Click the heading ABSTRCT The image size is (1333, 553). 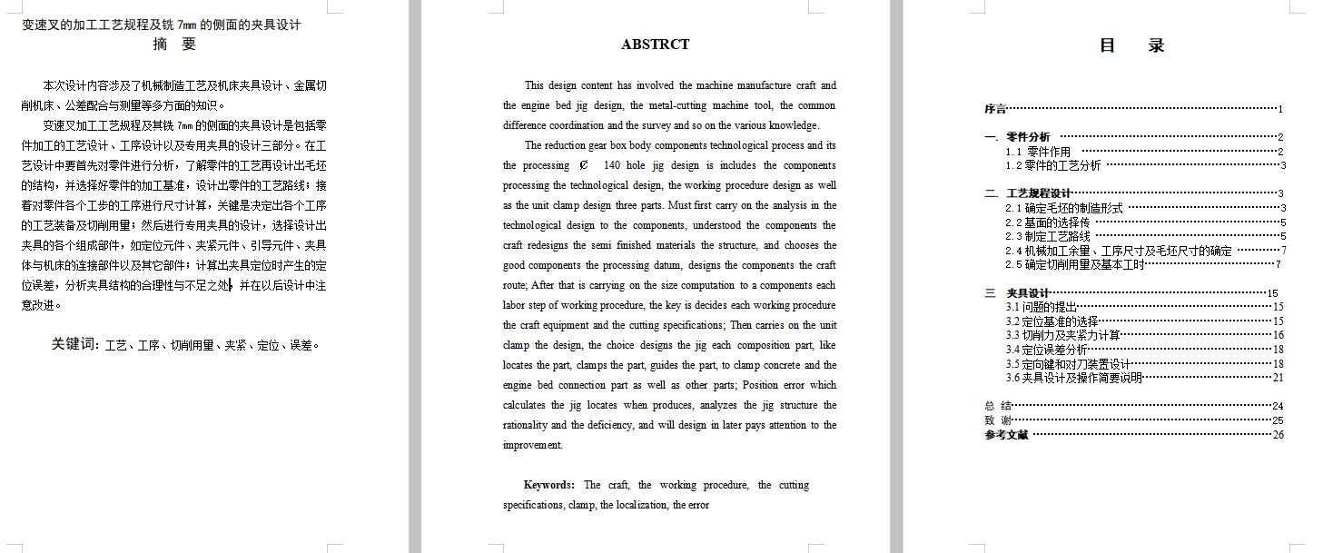pyautogui.click(x=655, y=44)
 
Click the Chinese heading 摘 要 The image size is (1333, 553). pyautogui.click(x=174, y=44)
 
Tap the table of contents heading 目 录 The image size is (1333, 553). pyautogui.click(x=1131, y=45)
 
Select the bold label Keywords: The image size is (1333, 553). pyautogui.click(x=548, y=485)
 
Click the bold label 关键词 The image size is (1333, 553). pyautogui.click(x=75, y=344)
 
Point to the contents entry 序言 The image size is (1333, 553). pyautogui.click(x=995, y=109)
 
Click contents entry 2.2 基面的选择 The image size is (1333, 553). pyautogui.click(x=1048, y=222)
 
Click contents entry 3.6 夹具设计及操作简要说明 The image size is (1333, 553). pyautogui.click(x=1073, y=378)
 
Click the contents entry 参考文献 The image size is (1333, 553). pyautogui.click(x=1006, y=435)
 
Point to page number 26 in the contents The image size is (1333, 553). pyautogui.click(x=1278, y=435)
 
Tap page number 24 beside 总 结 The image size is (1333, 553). pyautogui.click(x=1278, y=406)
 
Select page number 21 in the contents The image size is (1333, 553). pyautogui.click(x=1278, y=378)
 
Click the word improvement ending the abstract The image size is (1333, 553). pyautogui.click(x=532, y=445)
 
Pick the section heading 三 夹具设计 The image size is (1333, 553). pyautogui.click(x=1018, y=293)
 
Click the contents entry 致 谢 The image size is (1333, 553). pyautogui.click(x=998, y=420)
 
